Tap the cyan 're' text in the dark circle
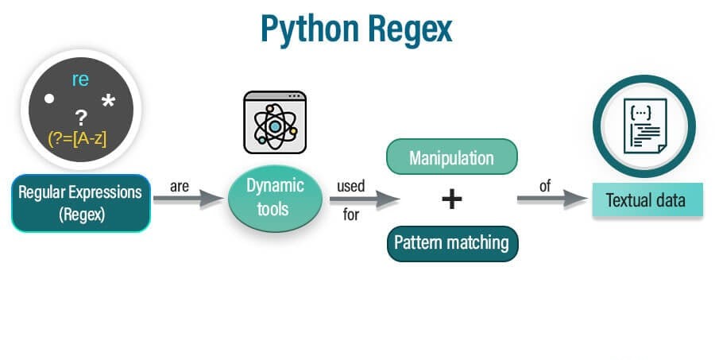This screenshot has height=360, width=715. click(80, 79)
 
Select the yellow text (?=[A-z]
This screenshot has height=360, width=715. click(77, 138)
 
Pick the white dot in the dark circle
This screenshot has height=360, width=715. click(49, 99)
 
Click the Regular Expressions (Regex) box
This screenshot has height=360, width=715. click(81, 203)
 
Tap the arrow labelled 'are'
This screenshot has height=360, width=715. click(188, 199)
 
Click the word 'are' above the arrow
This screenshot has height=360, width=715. click(179, 186)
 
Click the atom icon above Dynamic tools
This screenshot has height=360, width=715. click(275, 122)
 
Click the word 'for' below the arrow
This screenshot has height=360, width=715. click(351, 215)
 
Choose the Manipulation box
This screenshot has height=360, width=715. click(452, 158)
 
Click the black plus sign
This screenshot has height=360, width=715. click(452, 199)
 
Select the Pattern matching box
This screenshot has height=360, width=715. click(452, 242)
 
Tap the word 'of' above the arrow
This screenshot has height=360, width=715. click(546, 186)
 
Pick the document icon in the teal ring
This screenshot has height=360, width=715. click(644, 126)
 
